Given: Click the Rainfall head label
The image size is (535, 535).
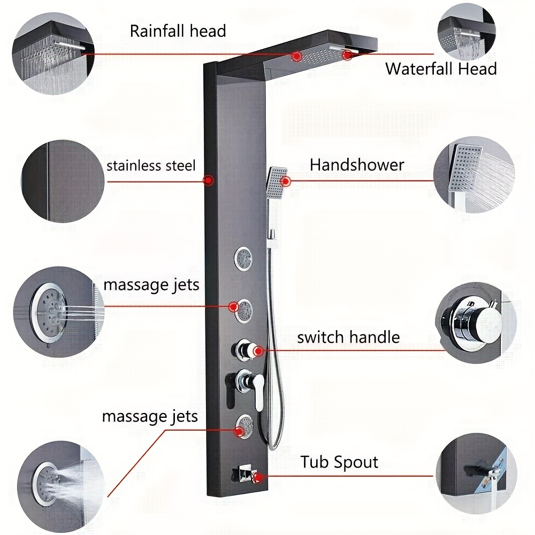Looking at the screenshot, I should click(178, 31).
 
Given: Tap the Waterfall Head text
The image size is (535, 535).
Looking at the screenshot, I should click(441, 69).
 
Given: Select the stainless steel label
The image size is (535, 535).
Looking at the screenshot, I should click(151, 165).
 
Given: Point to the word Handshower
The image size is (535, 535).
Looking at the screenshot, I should click(357, 165).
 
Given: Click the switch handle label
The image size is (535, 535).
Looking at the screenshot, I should click(348, 338).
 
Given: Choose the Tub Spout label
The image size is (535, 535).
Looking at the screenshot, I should click(339, 462).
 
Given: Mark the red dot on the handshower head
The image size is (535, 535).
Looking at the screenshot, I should click(285, 181).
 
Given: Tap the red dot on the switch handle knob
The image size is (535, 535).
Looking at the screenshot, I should click(258, 351).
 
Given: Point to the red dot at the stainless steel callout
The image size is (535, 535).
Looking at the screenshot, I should click(209, 181).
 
